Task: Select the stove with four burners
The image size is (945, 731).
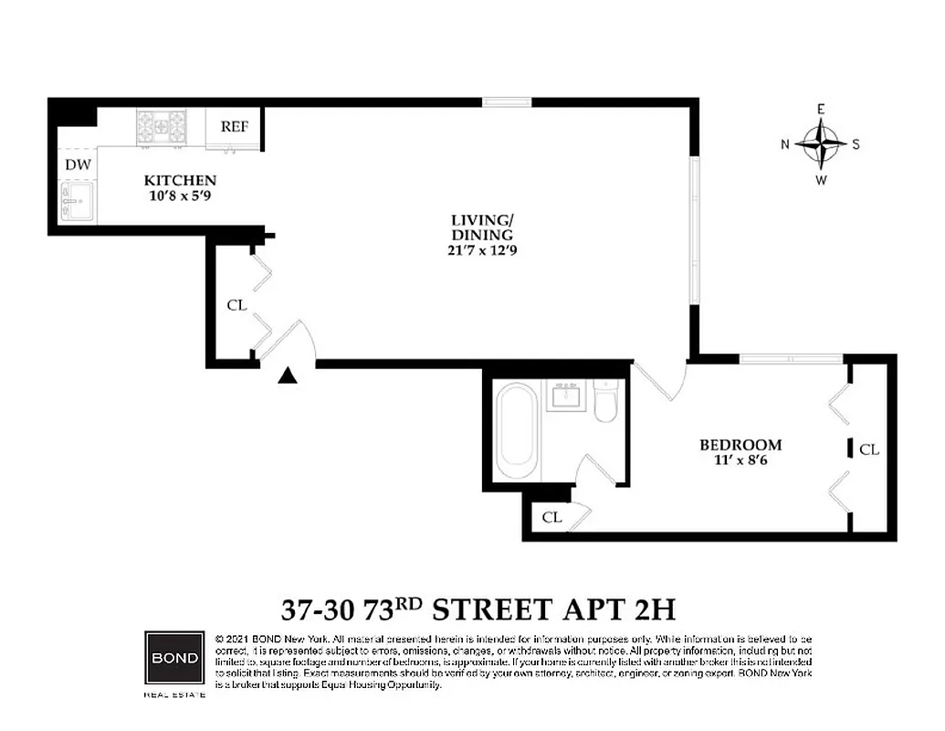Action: coord(162,128)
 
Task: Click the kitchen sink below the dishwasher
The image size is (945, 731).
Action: coord(78,201)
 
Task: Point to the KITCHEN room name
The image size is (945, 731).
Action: coord(180,180)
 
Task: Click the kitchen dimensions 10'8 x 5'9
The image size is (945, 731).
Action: coord(180,195)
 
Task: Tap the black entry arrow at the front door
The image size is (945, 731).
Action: coord(289,375)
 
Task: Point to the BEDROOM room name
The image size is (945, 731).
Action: coord(740,445)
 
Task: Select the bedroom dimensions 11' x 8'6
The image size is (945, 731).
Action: coord(740,461)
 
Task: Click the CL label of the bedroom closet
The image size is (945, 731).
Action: coord(869,450)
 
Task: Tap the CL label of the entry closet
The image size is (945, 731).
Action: coord(236,305)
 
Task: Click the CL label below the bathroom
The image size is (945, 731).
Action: coord(551,516)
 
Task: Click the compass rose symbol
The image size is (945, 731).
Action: coord(821,143)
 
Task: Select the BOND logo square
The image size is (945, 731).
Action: coord(173,659)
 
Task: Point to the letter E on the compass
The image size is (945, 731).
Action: coord(821,110)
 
